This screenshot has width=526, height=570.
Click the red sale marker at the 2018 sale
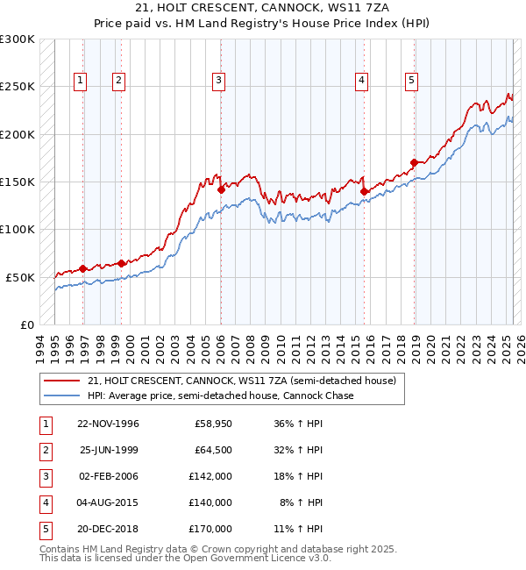pos(414,162)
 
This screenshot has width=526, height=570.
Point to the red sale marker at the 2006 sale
pos(221,189)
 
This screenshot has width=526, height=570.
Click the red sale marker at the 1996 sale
pos(83,268)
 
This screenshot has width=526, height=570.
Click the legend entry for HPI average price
pos(220,395)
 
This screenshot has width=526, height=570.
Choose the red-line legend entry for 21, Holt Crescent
pos(242,381)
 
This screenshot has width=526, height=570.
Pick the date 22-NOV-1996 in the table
pos(108,424)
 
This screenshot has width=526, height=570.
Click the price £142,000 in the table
pos(212,476)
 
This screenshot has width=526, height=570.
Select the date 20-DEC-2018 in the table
pos(108,529)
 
